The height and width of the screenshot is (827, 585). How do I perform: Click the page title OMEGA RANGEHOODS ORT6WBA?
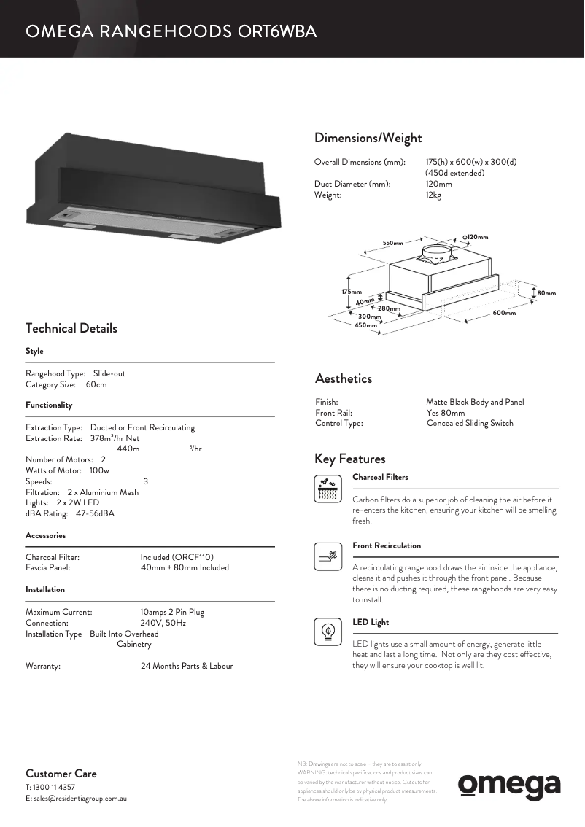click(x=171, y=31)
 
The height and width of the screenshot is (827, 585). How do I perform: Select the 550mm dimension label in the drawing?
click(x=393, y=243)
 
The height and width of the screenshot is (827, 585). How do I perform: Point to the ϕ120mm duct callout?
click(x=475, y=237)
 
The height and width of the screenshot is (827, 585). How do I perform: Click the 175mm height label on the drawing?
click(x=352, y=292)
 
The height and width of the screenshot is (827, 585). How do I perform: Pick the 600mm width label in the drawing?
click(x=503, y=313)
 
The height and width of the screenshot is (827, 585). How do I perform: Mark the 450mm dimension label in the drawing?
click(x=365, y=325)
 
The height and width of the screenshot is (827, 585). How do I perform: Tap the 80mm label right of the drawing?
click(x=546, y=293)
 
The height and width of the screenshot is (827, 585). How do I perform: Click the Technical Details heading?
click(x=71, y=328)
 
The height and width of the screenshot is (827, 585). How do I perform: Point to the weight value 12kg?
click(x=433, y=195)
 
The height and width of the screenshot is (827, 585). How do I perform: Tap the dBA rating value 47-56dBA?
click(x=95, y=513)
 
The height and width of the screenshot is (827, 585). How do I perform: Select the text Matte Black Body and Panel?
click(x=475, y=402)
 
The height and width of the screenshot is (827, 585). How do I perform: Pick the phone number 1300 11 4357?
click(x=55, y=788)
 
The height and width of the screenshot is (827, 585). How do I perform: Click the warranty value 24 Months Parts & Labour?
click(x=187, y=666)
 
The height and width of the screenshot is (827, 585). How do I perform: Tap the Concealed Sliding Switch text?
click(x=470, y=423)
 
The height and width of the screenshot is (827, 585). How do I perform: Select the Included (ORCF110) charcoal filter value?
click(x=177, y=557)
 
